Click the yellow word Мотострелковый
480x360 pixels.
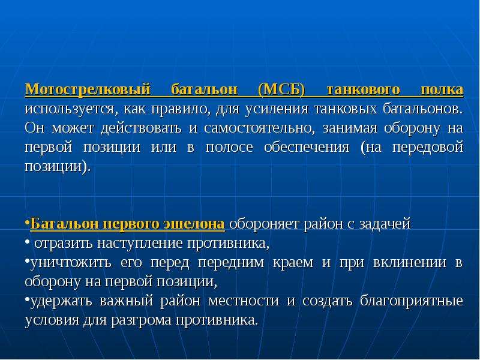[x=88, y=90]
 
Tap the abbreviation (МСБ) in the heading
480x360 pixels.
[x=281, y=90]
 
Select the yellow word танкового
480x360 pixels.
[x=363, y=89]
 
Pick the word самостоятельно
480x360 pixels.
[x=259, y=128]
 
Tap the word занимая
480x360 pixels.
[x=350, y=128]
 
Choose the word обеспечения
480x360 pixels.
[x=307, y=148]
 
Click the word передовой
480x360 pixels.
[x=428, y=148]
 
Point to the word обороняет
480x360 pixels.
[x=265, y=224]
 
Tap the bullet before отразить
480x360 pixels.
[x=27, y=242]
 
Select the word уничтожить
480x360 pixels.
[x=70, y=263]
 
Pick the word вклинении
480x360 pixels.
[x=410, y=263]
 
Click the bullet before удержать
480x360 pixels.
[x=27, y=299]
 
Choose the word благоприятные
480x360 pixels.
[x=412, y=301]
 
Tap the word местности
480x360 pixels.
[x=244, y=301]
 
